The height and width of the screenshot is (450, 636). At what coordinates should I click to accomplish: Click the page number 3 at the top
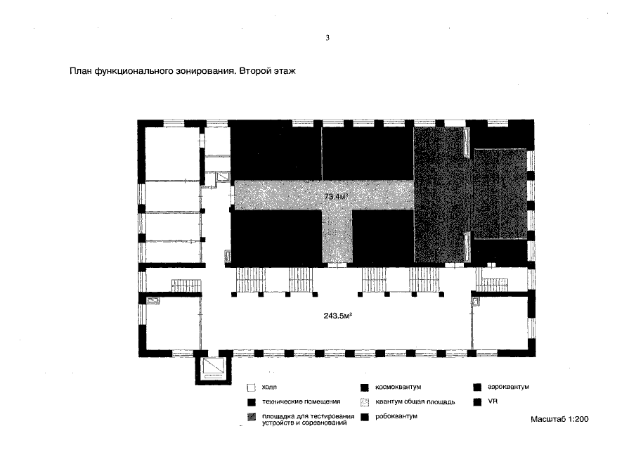pos(327,38)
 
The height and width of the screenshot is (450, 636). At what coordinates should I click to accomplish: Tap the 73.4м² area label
pos(337,197)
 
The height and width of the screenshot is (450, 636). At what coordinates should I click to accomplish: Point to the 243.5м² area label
pos(338,315)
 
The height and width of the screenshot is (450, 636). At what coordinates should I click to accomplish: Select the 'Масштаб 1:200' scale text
pos(559,419)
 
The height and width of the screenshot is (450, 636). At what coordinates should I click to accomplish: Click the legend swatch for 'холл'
pos(252,387)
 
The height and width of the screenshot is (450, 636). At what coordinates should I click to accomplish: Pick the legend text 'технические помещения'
pos(301,401)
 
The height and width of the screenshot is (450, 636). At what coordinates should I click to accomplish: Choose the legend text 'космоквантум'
pos(398,387)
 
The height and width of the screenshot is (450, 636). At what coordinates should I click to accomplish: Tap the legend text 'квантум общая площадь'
pos(415,402)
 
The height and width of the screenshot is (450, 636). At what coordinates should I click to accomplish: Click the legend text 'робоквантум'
pos(396,416)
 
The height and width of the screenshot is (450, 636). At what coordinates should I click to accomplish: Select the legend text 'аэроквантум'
pos(508,387)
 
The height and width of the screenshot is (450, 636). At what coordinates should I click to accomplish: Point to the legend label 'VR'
pos(493,401)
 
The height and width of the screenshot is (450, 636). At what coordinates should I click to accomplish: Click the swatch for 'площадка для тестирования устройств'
pos(252,417)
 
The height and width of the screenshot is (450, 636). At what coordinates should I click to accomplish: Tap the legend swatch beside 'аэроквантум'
pos(477,387)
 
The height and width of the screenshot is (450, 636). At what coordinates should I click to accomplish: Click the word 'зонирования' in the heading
pos(205,72)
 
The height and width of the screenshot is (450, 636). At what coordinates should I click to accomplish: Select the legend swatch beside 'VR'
pos(477,401)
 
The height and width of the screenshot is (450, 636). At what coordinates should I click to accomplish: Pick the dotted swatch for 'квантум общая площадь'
pos(365,402)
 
